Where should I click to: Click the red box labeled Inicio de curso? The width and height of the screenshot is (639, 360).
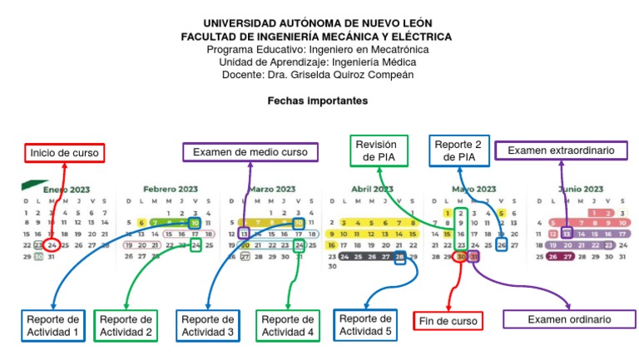(63, 153)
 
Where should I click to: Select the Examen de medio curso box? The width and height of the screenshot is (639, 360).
(250, 152)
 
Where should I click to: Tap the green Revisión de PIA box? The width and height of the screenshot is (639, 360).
(379, 150)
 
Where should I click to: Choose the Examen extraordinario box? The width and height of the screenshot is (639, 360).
(561, 150)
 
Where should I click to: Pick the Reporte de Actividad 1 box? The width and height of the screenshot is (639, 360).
(53, 326)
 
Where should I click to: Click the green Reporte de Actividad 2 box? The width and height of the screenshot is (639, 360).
(126, 326)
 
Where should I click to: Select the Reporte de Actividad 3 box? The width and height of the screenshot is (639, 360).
(207, 326)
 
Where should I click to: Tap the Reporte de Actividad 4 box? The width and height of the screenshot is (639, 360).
(287, 326)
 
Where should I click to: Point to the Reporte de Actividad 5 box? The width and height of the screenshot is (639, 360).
(366, 325)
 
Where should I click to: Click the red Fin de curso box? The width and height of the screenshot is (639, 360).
(448, 320)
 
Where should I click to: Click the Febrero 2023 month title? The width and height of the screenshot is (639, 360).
(171, 189)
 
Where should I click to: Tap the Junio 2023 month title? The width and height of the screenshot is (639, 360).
(582, 189)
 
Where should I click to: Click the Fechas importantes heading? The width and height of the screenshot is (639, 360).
(317, 101)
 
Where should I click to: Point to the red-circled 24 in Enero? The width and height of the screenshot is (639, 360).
(52, 245)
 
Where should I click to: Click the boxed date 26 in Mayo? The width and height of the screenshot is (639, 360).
(501, 245)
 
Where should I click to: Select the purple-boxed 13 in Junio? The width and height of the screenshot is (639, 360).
(566, 234)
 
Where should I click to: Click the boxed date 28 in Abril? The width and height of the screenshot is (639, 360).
(400, 257)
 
